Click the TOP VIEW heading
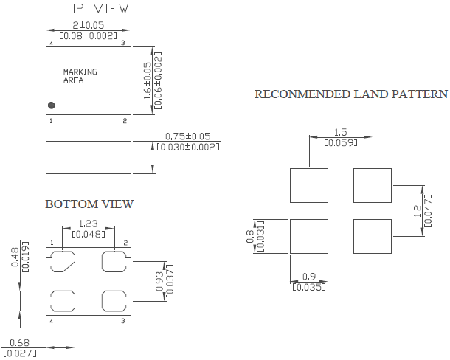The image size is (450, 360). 94,8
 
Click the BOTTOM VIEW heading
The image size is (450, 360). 89,204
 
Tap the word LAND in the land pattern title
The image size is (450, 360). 370,94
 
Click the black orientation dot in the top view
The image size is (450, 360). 52,105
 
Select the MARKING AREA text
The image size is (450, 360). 80,76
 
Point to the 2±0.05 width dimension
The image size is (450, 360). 89,25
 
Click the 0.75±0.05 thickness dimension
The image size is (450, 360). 188,136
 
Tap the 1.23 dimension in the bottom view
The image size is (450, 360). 89,224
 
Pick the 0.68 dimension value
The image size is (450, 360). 19,342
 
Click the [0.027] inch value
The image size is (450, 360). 20,353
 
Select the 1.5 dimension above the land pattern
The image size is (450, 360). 341,132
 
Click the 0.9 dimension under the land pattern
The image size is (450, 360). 309,277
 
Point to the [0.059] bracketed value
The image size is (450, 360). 341,142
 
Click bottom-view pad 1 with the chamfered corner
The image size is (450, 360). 63,261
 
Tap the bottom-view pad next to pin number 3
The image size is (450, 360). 114,301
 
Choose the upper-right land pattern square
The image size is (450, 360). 373,185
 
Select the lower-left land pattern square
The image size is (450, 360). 309,237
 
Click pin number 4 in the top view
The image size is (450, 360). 51,44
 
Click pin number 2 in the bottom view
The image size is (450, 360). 125,243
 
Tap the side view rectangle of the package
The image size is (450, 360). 89,157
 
